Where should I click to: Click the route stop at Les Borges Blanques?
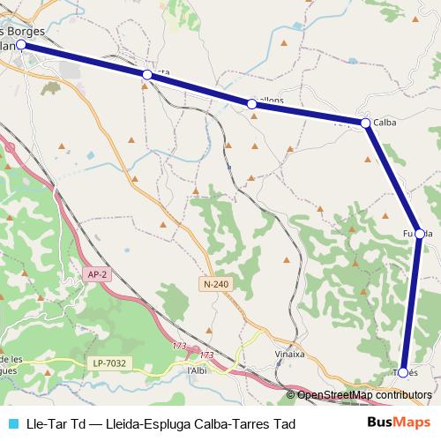coord(20,43)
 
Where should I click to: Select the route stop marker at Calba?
coord(365,123)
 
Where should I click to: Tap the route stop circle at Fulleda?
coord(420,234)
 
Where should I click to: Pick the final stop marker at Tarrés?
coord(403,372)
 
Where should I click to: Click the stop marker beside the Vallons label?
coord(252,104)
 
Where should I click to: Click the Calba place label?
coord(385,123)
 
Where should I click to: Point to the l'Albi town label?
coord(197,370)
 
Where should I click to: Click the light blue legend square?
coord(12,423)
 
